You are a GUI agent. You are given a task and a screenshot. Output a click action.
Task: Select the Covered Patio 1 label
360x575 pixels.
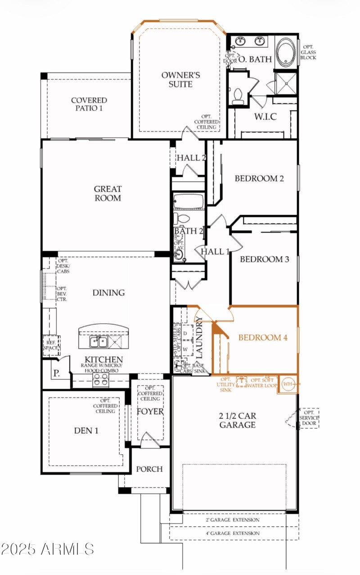(x=89, y=104)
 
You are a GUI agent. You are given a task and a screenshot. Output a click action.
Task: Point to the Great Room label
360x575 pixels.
(x=108, y=194)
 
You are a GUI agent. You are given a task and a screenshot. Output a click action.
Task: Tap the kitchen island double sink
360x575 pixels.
(x=98, y=342)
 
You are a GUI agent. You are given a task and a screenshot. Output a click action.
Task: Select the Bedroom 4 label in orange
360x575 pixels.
(x=262, y=338)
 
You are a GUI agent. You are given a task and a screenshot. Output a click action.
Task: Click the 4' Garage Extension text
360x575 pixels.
(x=234, y=534)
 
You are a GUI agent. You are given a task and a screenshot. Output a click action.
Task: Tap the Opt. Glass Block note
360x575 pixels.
(x=309, y=52)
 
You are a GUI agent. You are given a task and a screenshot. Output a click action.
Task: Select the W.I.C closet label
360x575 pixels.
(x=265, y=117)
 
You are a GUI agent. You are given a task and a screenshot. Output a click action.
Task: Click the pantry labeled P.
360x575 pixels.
(x=56, y=373)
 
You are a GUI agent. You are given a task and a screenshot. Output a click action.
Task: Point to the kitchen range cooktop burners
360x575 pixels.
(x=99, y=380)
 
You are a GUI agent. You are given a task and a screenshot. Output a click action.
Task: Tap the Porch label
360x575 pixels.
(x=149, y=469)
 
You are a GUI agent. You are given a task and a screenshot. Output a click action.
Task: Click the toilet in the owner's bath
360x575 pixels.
(x=238, y=96)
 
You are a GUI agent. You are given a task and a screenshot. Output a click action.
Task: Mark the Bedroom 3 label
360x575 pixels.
(x=264, y=260)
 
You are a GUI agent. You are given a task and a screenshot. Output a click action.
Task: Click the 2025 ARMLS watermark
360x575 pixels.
(x=48, y=549)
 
